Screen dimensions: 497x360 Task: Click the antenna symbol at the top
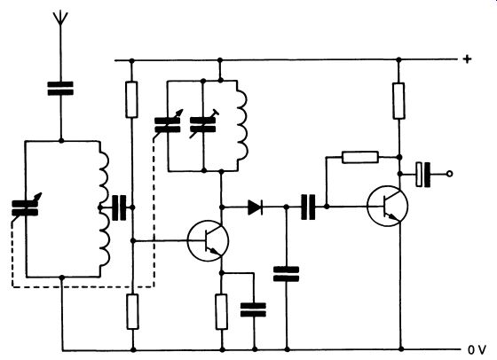(x=60, y=20)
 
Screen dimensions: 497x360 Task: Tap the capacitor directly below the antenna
(x=60, y=89)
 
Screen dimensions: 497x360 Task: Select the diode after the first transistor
(x=256, y=207)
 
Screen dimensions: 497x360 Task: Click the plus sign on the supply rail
(x=467, y=59)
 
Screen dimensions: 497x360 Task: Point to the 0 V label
(x=477, y=350)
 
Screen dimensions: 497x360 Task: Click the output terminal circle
(x=449, y=174)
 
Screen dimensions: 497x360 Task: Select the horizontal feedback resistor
(x=360, y=157)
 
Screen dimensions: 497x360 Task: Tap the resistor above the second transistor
(x=398, y=101)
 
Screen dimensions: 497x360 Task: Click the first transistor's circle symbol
(x=208, y=241)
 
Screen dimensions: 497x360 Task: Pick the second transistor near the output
(x=387, y=206)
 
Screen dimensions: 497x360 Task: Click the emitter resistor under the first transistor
(x=221, y=311)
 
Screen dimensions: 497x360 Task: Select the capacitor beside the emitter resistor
(x=253, y=309)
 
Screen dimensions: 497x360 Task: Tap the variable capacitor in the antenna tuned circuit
(x=25, y=207)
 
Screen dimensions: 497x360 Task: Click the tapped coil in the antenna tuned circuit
(x=104, y=209)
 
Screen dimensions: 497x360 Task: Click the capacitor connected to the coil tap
(x=119, y=207)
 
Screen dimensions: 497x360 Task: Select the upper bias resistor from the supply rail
(x=132, y=99)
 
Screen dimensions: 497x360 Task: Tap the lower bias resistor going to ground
(x=133, y=311)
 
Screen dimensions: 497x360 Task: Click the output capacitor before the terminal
(x=423, y=174)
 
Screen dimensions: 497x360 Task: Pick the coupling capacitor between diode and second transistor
(x=308, y=207)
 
